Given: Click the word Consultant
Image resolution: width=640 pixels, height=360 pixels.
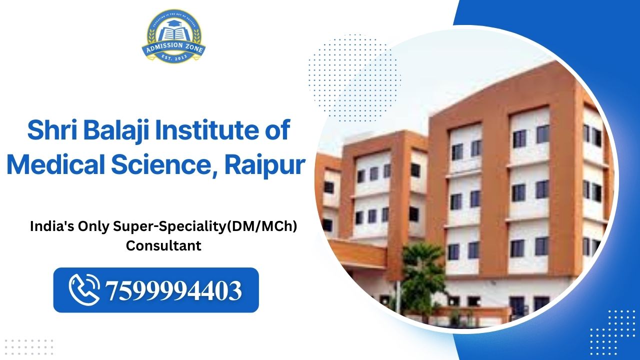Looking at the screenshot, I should click(163, 246).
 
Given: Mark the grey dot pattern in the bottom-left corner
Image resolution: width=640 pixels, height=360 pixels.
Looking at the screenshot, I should click(28, 346).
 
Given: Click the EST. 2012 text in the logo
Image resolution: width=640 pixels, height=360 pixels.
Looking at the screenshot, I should click(173, 57).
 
